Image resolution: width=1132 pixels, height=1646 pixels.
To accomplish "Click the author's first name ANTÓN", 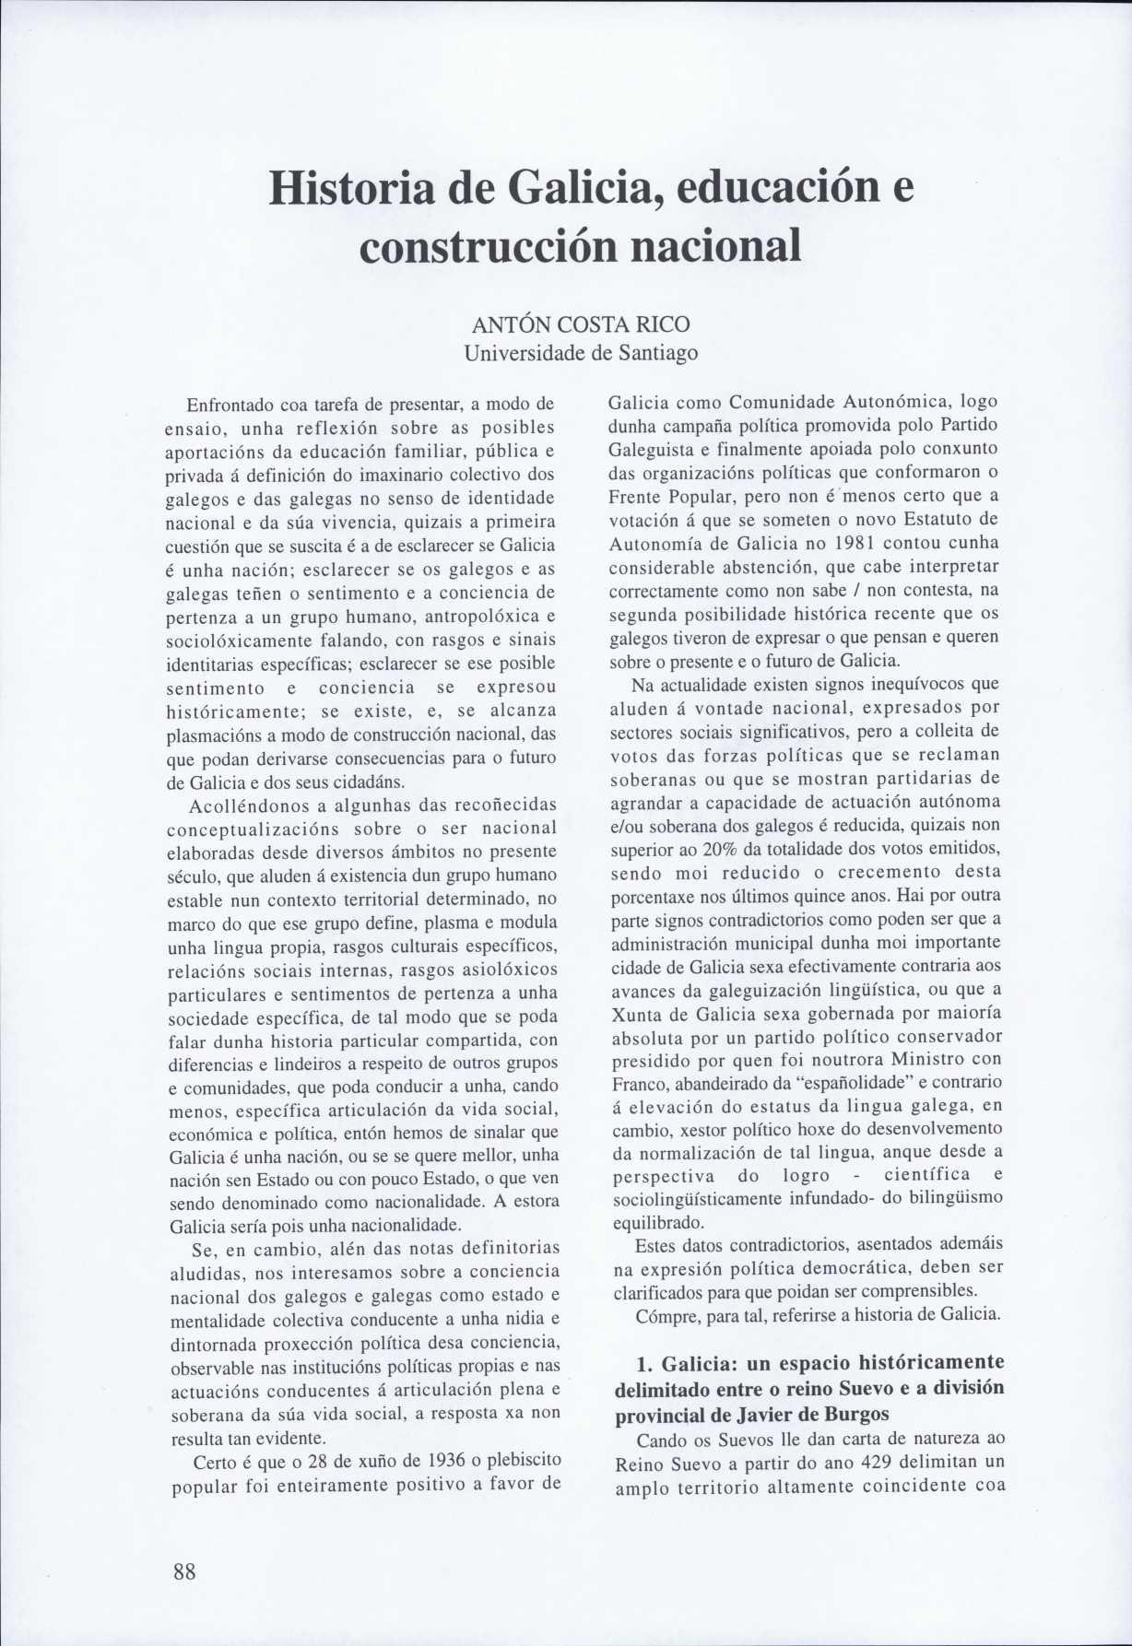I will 510,325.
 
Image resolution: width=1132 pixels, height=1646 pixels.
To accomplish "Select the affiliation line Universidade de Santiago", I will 580,353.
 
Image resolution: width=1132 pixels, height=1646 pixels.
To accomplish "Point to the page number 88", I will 184,1572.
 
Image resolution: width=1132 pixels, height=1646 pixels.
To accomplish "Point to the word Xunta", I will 635,1012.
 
